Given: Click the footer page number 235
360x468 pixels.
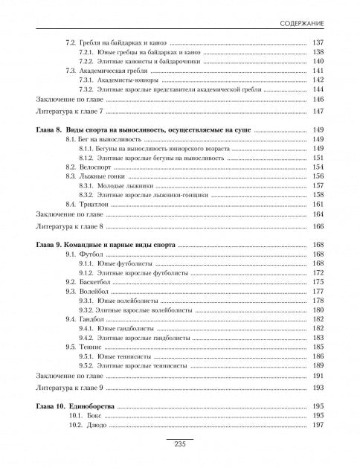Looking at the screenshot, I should [x=179, y=444].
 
